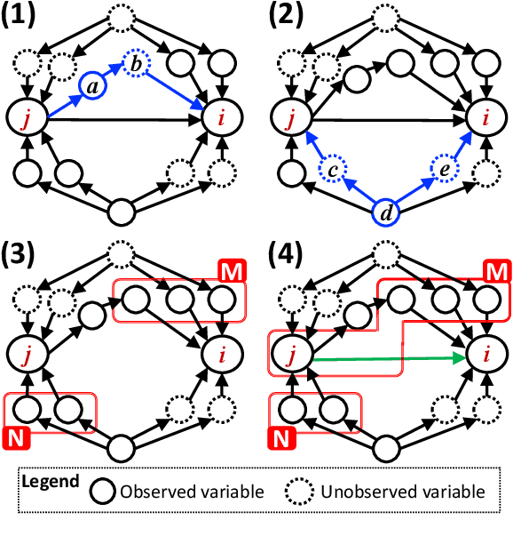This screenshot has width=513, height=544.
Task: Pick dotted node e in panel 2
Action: [x=442, y=169]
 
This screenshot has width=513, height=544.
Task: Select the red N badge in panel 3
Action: [x=17, y=437]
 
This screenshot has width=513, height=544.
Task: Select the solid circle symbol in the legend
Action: [x=105, y=492]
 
